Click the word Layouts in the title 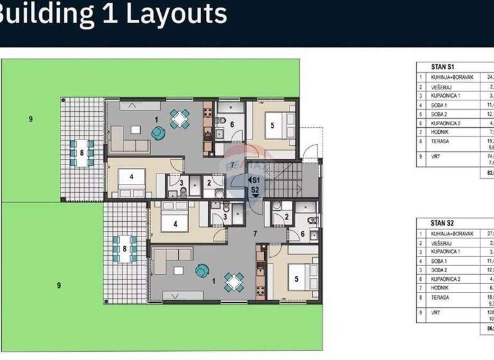[176, 14]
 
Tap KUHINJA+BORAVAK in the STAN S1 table [452, 77]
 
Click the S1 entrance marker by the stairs [255, 181]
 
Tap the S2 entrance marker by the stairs [255, 190]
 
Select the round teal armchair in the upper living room [158, 132]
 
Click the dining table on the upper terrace [82, 153]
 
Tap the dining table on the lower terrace [125, 249]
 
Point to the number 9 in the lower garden [59, 285]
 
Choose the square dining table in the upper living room [179, 118]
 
